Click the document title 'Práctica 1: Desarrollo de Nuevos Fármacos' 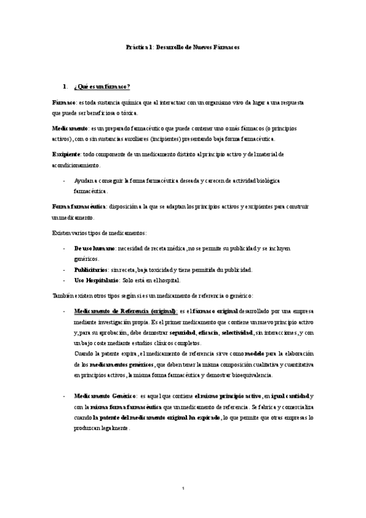tap(182, 46)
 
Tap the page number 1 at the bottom tap(183, 488)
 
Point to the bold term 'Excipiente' tap(66, 155)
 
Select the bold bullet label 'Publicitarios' tap(91, 269)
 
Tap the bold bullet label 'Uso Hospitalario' tap(96, 280)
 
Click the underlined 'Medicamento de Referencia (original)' tap(125, 311)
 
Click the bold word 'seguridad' tap(182, 333)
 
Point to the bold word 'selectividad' tap(235, 333)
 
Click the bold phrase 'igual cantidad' tap(290, 396)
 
